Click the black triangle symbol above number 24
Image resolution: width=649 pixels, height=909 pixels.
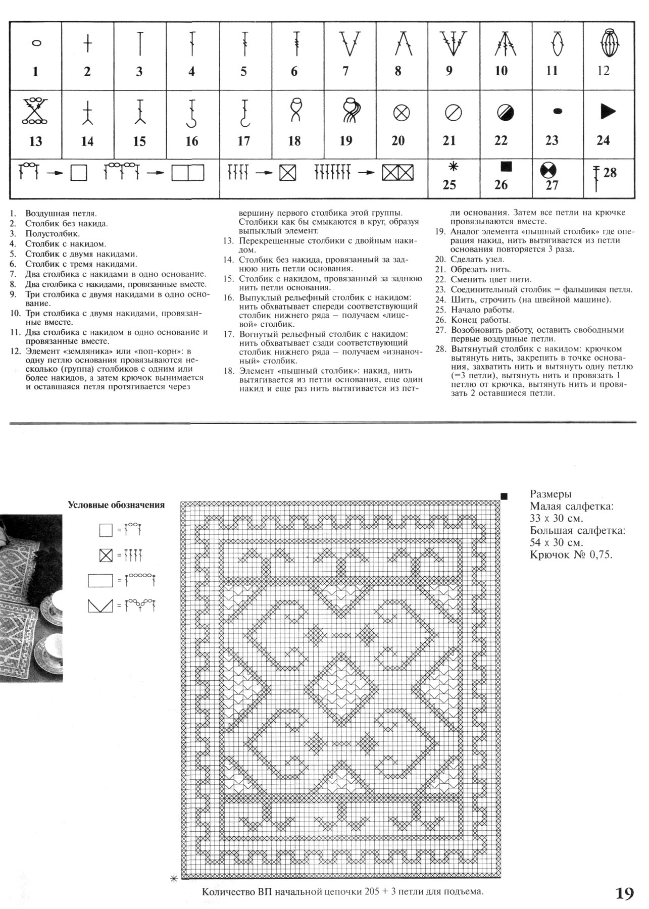608,112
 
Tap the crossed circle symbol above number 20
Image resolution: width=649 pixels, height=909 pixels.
401,113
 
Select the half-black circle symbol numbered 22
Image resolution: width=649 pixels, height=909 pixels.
503,112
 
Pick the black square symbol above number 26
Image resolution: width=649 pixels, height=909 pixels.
503,166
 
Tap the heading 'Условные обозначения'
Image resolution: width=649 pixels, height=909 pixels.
116,504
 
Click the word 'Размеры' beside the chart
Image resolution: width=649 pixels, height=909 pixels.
551,494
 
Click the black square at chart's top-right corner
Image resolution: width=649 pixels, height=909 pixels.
504,496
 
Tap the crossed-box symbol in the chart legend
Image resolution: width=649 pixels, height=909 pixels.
106,556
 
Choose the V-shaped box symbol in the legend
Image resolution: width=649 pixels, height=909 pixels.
100,605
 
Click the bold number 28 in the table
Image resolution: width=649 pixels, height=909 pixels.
610,173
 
